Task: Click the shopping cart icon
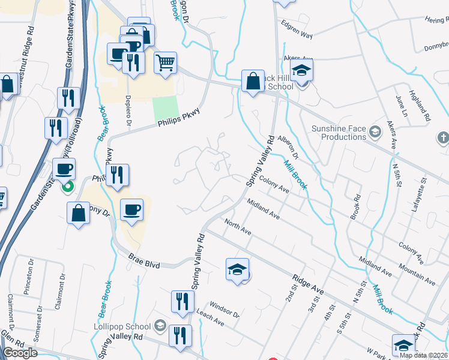(x=165, y=62)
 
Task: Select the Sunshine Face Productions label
(x=339, y=133)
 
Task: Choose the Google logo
(x=20, y=353)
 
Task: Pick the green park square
(x=165, y=108)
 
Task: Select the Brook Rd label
(x=357, y=205)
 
